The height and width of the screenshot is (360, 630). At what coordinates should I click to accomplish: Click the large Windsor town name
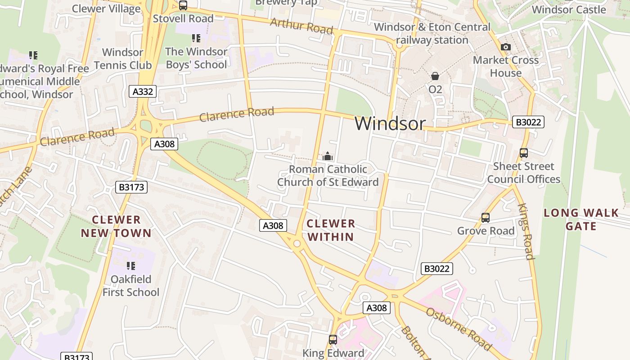point(390,123)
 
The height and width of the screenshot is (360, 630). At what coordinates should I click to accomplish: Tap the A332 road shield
point(143,92)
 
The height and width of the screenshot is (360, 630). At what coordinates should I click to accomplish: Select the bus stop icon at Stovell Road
point(183,5)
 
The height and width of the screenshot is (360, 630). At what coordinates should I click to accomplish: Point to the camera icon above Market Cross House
point(506,47)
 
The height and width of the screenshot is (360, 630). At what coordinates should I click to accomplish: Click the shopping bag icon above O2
point(435,76)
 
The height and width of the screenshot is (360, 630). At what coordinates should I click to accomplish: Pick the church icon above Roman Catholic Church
point(328,156)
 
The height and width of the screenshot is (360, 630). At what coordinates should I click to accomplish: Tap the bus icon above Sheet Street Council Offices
point(523,153)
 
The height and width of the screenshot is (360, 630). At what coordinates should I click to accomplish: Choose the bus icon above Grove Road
point(485,218)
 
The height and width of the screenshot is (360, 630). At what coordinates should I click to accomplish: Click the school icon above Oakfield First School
point(131,266)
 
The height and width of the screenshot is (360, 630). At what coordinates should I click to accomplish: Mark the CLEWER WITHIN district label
point(331,230)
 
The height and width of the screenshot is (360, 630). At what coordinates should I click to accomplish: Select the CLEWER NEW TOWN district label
point(116,226)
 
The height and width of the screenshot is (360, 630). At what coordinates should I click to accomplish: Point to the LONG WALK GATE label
point(580,219)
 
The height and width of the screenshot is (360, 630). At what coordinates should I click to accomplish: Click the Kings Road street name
point(526,232)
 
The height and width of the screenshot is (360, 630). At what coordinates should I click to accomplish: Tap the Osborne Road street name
point(458,329)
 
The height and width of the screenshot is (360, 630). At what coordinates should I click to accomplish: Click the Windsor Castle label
point(569,9)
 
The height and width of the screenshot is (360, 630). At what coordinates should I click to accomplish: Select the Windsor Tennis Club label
point(123,58)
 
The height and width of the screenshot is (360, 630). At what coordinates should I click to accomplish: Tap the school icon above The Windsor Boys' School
point(196,38)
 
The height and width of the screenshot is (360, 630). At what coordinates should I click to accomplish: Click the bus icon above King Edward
point(333,340)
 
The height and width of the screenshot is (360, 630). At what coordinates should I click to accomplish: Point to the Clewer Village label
point(106,9)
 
